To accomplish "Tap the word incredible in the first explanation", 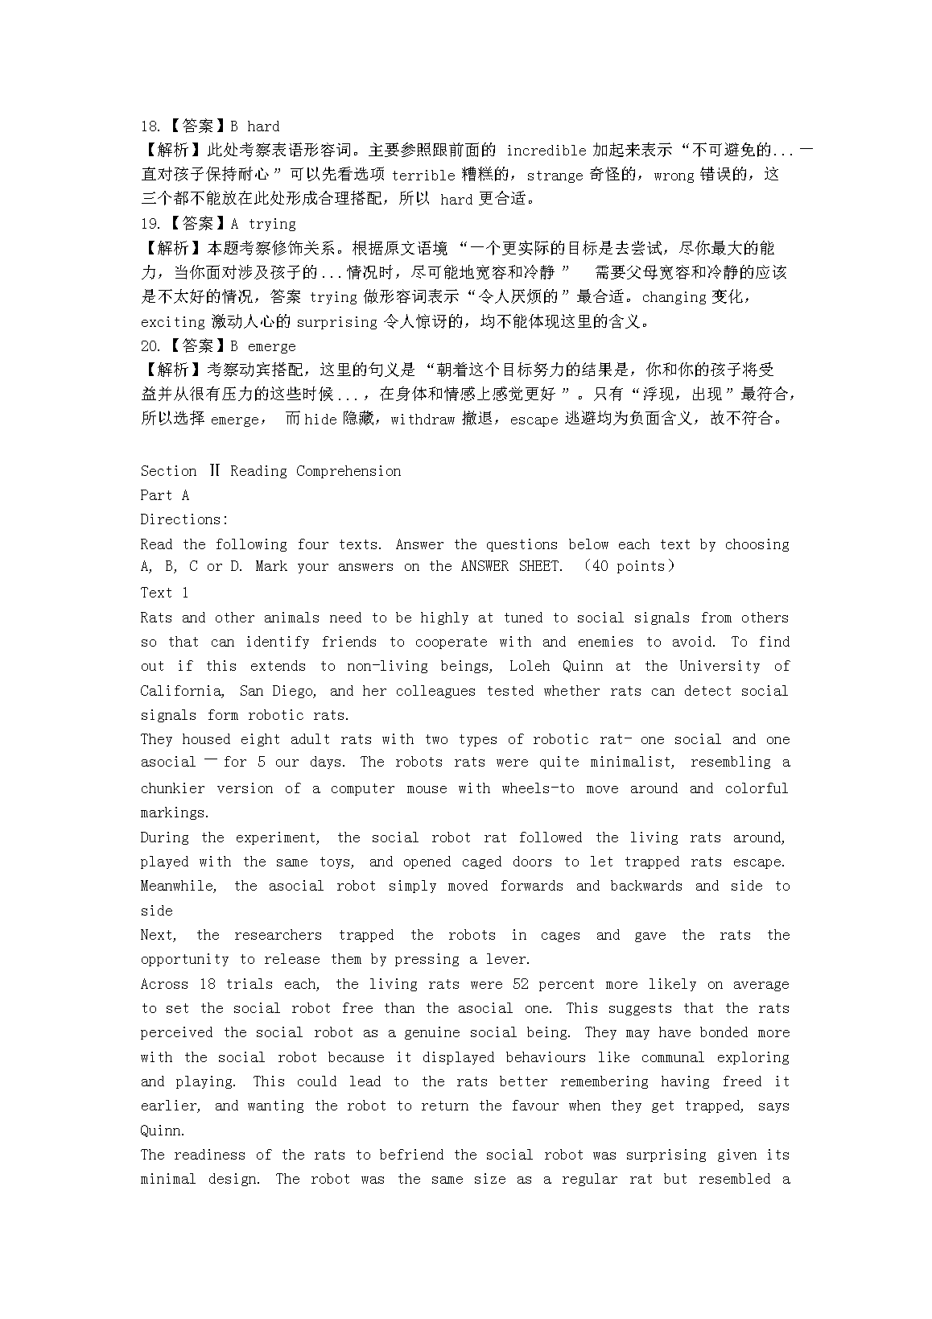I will [546, 151].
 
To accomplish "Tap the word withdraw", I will [423, 419].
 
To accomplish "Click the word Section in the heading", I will [168, 471].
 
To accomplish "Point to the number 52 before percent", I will [520, 984].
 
